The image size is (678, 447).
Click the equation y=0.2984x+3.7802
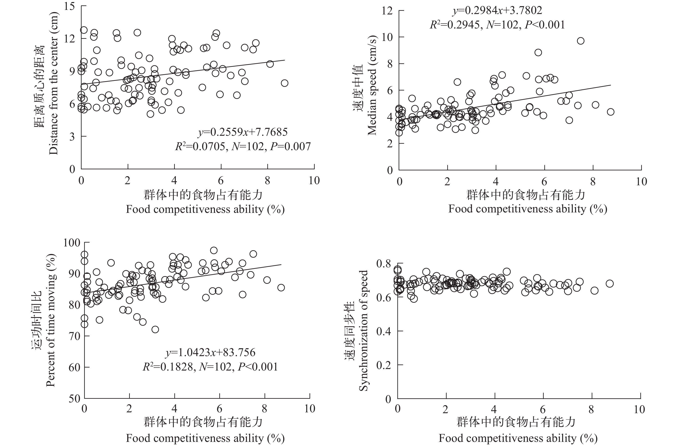click(x=497, y=11)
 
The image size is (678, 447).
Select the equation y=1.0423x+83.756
click(x=211, y=353)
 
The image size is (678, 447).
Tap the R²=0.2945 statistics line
click(x=497, y=25)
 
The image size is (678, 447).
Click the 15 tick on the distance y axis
click(x=69, y=6)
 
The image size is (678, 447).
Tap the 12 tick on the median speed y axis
click(x=387, y=11)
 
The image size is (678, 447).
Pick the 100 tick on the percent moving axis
click(x=72, y=243)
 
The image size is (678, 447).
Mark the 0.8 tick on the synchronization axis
click(x=385, y=263)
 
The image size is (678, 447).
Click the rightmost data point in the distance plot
click(x=284, y=83)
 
